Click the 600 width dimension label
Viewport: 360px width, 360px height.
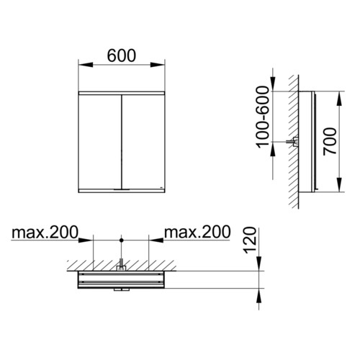click(122, 55)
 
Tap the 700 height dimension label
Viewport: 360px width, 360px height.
click(330, 142)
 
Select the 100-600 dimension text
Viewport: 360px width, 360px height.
click(263, 117)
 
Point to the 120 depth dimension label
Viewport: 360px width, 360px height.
click(250, 240)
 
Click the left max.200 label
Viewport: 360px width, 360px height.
click(45, 232)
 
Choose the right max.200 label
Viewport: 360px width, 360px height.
click(197, 232)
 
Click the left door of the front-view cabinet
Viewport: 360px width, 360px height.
click(100, 142)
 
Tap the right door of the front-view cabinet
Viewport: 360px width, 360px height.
click(143, 142)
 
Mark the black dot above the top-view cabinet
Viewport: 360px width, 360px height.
click(122, 240)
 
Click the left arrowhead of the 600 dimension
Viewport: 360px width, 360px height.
click(86, 65)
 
